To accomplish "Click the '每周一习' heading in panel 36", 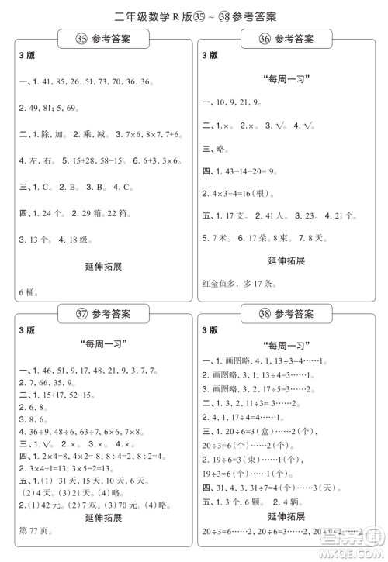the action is click(286, 78).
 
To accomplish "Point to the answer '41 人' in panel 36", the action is click(272, 215).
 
